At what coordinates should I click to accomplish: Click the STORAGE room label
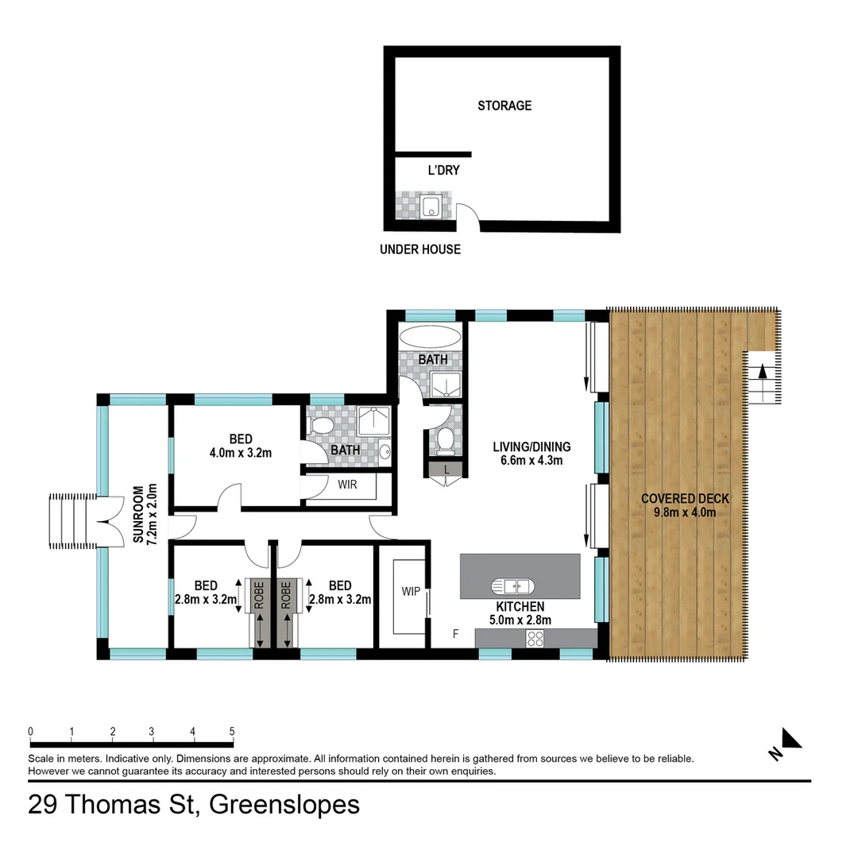(x=504, y=106)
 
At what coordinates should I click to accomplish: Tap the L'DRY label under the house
(x=443, y=170)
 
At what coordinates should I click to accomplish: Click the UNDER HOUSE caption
(x=419, y=249)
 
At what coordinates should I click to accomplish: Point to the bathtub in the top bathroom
(x=429, y=334)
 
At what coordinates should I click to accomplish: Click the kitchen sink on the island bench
(x=512, y=586)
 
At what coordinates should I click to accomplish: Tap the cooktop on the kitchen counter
(x=535, y=637)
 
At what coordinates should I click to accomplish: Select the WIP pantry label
(x=411, y=591)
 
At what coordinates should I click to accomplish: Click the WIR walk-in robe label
(x=347, y=484)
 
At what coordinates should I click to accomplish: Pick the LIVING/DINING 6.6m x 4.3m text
(x=531, y=453)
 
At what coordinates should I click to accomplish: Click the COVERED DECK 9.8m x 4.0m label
(x=684, y=505)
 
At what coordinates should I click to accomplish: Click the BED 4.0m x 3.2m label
(x=241, y=446)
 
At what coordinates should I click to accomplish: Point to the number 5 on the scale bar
(x=232, y=731)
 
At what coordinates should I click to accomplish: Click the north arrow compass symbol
(x=790, y=739)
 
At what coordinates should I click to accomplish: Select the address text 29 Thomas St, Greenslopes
(x=194, y=804)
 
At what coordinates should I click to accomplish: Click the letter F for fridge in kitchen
(x=455, y=633)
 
